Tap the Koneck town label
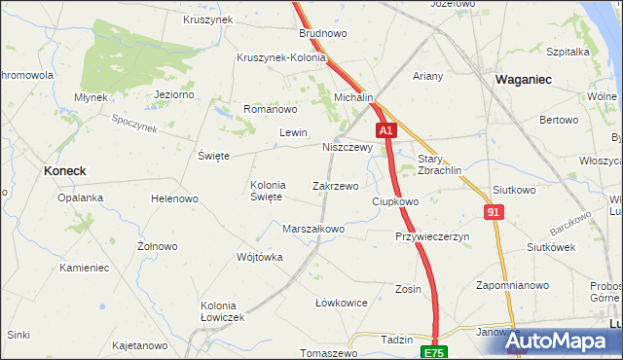(x=65, y=170)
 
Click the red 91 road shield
(x=495, y=211)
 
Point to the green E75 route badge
(x=433, y=351)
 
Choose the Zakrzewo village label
(x=336, y=185)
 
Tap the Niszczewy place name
(x=348, y=148)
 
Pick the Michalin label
(x=354, y=98)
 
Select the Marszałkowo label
(x=313, y=230)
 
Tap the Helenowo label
(x=174, y=198)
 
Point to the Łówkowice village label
(x=342, y=303)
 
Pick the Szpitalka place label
(x=569, y=51)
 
